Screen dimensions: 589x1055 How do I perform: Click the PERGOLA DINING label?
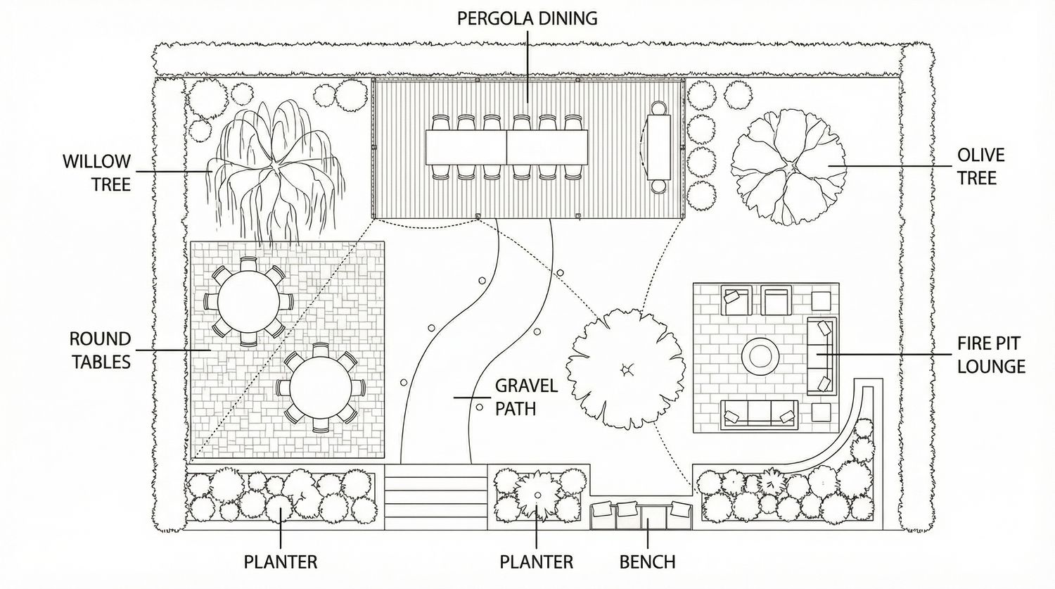point(527,18)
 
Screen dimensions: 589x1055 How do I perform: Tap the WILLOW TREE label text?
point(97,172)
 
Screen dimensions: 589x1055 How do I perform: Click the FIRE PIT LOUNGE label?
point(990,355)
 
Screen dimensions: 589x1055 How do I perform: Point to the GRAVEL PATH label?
point(526,397)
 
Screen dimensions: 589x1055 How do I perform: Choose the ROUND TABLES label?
point(100,350)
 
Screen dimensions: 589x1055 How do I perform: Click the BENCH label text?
point(647,562)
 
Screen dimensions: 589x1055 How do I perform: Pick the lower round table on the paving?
point(320,388)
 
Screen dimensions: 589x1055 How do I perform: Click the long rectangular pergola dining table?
point(506,148)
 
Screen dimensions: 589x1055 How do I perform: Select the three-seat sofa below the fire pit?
point(760,415)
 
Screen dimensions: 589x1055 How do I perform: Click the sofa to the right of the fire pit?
point(821,355)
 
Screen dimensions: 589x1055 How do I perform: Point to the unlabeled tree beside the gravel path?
point(625,369)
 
